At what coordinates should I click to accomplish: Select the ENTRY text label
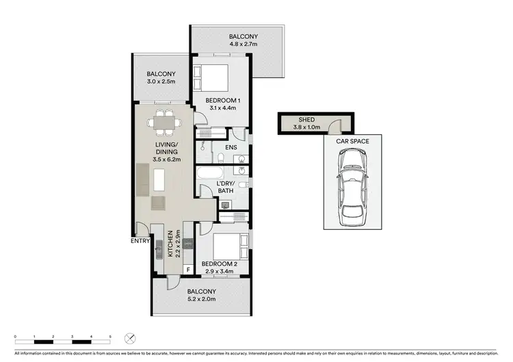pos(141,241)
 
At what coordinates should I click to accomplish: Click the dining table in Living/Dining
pos(163,124)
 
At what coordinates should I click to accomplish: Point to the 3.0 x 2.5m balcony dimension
pos(161,82)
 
